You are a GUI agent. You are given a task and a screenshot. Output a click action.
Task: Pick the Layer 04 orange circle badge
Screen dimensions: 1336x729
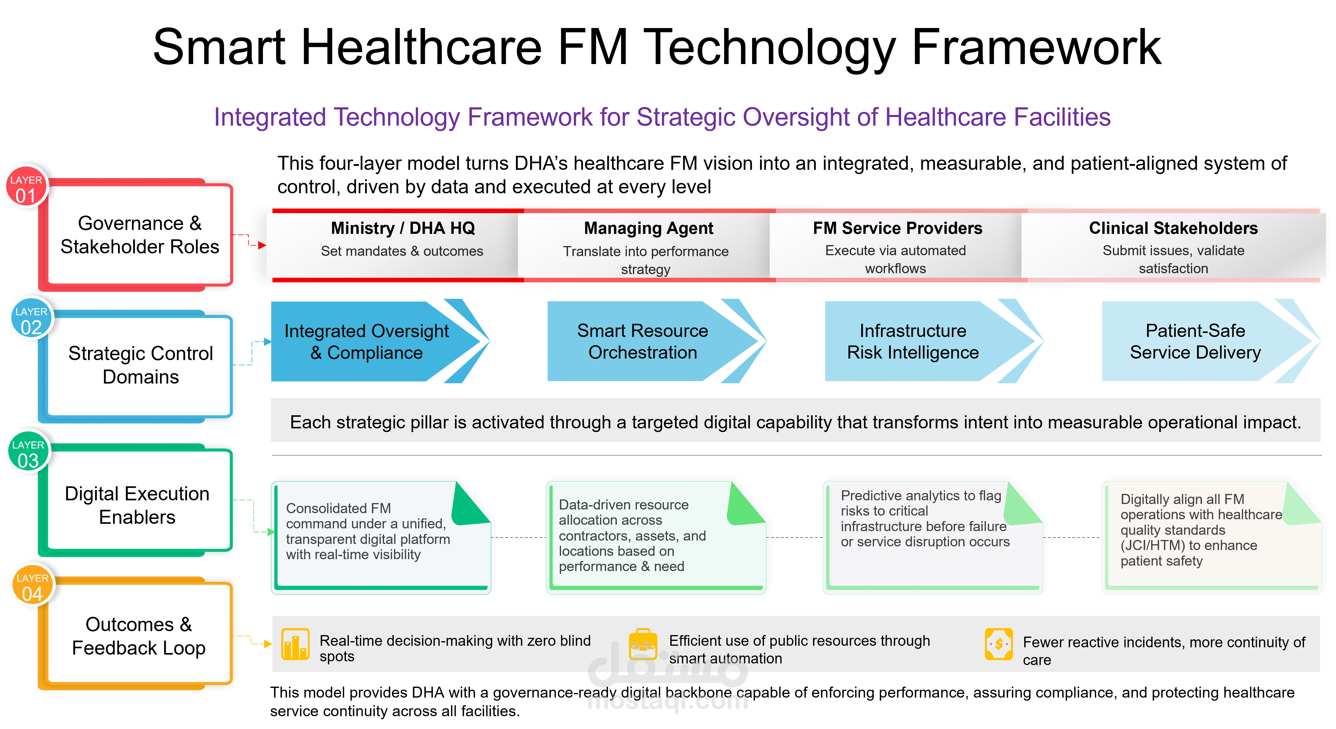click(33, 585)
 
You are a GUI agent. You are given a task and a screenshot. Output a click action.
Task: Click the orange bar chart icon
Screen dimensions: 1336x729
click(295, 644)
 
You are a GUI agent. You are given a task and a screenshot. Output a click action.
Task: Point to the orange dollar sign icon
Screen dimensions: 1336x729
click(998, 644)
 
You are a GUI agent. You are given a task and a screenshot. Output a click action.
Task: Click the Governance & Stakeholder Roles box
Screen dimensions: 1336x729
click(136, 234)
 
